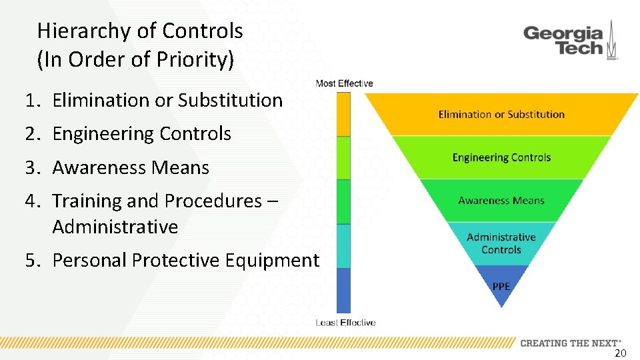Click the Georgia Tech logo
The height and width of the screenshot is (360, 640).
pos(570,41)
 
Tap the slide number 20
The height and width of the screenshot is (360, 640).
pos(620,353)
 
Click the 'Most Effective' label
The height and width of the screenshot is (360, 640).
pos(344,83)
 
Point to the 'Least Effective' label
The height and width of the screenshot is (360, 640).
pos(345,323)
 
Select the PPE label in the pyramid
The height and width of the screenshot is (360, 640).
pos(501,286)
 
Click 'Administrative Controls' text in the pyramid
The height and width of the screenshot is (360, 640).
pos(501,243)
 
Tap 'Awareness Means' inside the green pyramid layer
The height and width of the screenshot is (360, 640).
pos(501,201)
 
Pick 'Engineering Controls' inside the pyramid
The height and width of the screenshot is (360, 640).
pos(501,157)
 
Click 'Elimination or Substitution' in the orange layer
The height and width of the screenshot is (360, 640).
pos(501,115)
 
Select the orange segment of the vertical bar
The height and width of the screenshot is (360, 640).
pos(343,115)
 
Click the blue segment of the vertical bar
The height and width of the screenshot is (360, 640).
pos(343,291)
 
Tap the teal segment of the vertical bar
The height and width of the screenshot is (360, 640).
pos(343,246)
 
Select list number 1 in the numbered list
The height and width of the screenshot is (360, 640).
pos(32,101)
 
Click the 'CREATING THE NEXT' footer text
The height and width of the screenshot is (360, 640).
pos(570,343)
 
